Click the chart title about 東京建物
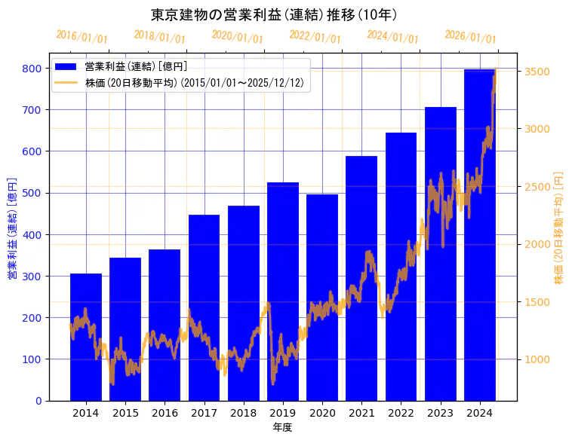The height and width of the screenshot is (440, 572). click(x=274, y=14)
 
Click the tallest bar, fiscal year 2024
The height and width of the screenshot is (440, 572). click(x=479, y=234)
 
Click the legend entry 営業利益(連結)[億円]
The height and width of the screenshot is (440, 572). click(x=136, y=67)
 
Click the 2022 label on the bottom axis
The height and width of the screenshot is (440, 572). click(x=401, y=414)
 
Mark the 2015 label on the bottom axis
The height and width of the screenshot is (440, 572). click(x=125, y=414)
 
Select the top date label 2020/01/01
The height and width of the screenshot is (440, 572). click(x=237, y=37)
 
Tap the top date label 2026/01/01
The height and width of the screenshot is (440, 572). click(x=470, y=37)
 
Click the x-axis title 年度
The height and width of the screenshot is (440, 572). click(x=282, y=427)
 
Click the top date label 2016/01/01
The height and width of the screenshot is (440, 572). click(x=81, y=37)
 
